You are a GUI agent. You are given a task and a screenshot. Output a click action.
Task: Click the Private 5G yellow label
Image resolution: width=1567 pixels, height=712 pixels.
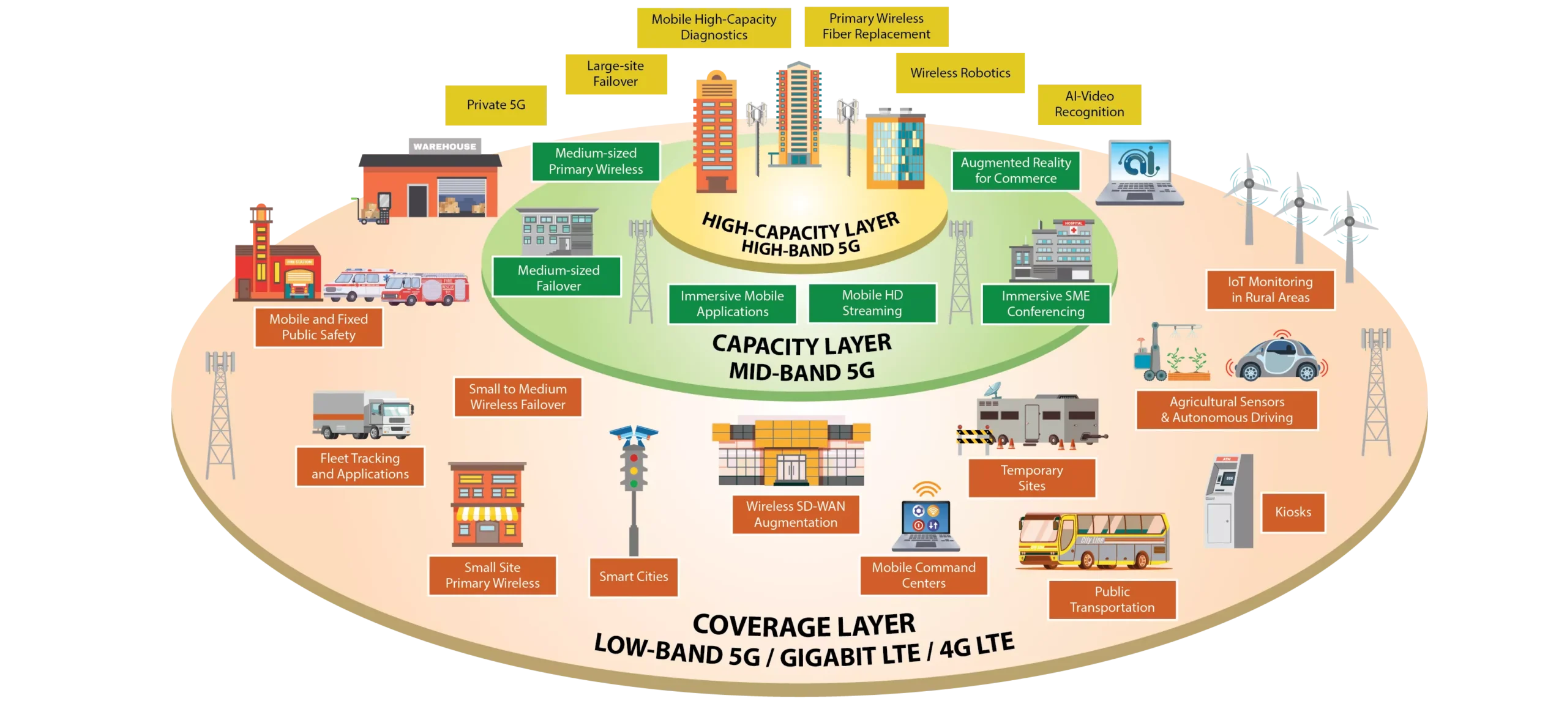(495, 105)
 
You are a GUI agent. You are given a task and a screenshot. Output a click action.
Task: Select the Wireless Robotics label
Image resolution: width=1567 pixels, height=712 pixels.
(960, 73)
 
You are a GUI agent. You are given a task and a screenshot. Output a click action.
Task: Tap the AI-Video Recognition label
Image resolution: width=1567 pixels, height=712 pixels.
(1089, 105)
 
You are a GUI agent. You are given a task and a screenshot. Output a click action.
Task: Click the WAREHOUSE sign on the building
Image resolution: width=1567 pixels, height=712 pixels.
(444, 147)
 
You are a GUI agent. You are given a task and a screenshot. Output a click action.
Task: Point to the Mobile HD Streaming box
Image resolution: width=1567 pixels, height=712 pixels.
(872, 303)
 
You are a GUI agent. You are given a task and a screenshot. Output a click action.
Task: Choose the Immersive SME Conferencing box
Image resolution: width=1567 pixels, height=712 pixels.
(1045, 304)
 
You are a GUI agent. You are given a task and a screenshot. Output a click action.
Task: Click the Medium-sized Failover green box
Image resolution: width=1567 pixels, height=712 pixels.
(558, 278)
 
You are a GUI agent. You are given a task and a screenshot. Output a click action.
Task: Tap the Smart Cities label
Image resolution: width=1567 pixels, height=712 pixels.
(634, 577)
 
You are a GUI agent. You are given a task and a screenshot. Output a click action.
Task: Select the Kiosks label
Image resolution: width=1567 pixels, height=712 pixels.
(1293, 512)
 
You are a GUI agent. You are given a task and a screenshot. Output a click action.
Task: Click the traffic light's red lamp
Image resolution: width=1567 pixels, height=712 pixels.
(634, 457)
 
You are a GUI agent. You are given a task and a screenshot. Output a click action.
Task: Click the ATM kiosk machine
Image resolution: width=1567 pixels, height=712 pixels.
(1228, 502)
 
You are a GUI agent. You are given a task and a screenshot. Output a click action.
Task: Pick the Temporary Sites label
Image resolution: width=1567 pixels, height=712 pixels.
(1031, 478)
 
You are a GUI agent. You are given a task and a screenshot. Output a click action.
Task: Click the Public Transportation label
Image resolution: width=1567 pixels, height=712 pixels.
(1112, 600)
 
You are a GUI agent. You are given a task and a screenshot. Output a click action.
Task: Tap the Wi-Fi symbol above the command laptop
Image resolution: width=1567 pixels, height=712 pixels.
(927, 491)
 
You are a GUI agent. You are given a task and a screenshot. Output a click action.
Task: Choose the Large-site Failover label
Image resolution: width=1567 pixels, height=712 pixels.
(616, 74)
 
